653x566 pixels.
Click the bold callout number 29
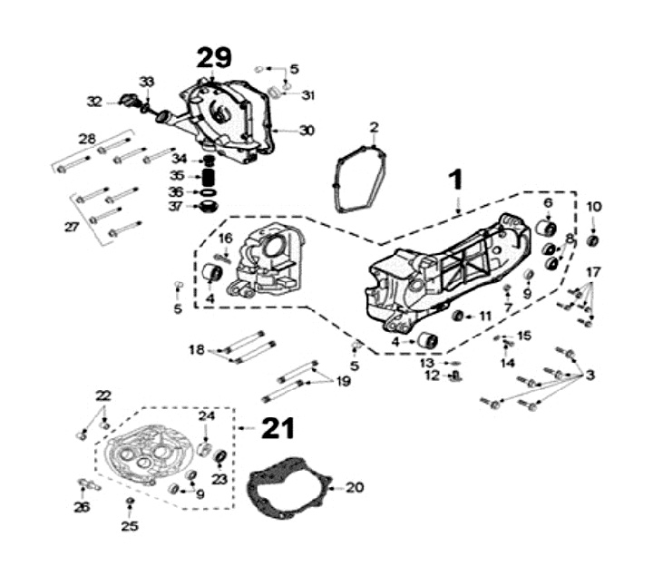coord(215,58)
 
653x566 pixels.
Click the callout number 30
coord(307,131)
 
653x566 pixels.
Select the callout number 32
coord(94,102)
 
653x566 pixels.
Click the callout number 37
coord(175,206)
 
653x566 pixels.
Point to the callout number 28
coord(87,139)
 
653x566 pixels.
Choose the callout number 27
coord(71,227)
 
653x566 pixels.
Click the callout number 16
coord(225,239)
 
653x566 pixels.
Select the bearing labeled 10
coord(593,240)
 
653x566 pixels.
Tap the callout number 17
coord(593,273)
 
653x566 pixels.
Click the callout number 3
coord(590,375)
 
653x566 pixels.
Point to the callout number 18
coord(197,349)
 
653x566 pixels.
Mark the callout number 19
coord(343,382)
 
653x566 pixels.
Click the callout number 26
coord(82,507)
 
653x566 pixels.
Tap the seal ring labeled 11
coord(458,315)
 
